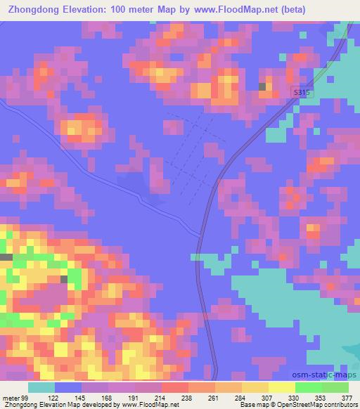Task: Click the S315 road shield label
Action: point(302,93)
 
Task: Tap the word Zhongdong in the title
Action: point(32,9)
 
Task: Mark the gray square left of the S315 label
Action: point(263,86)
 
